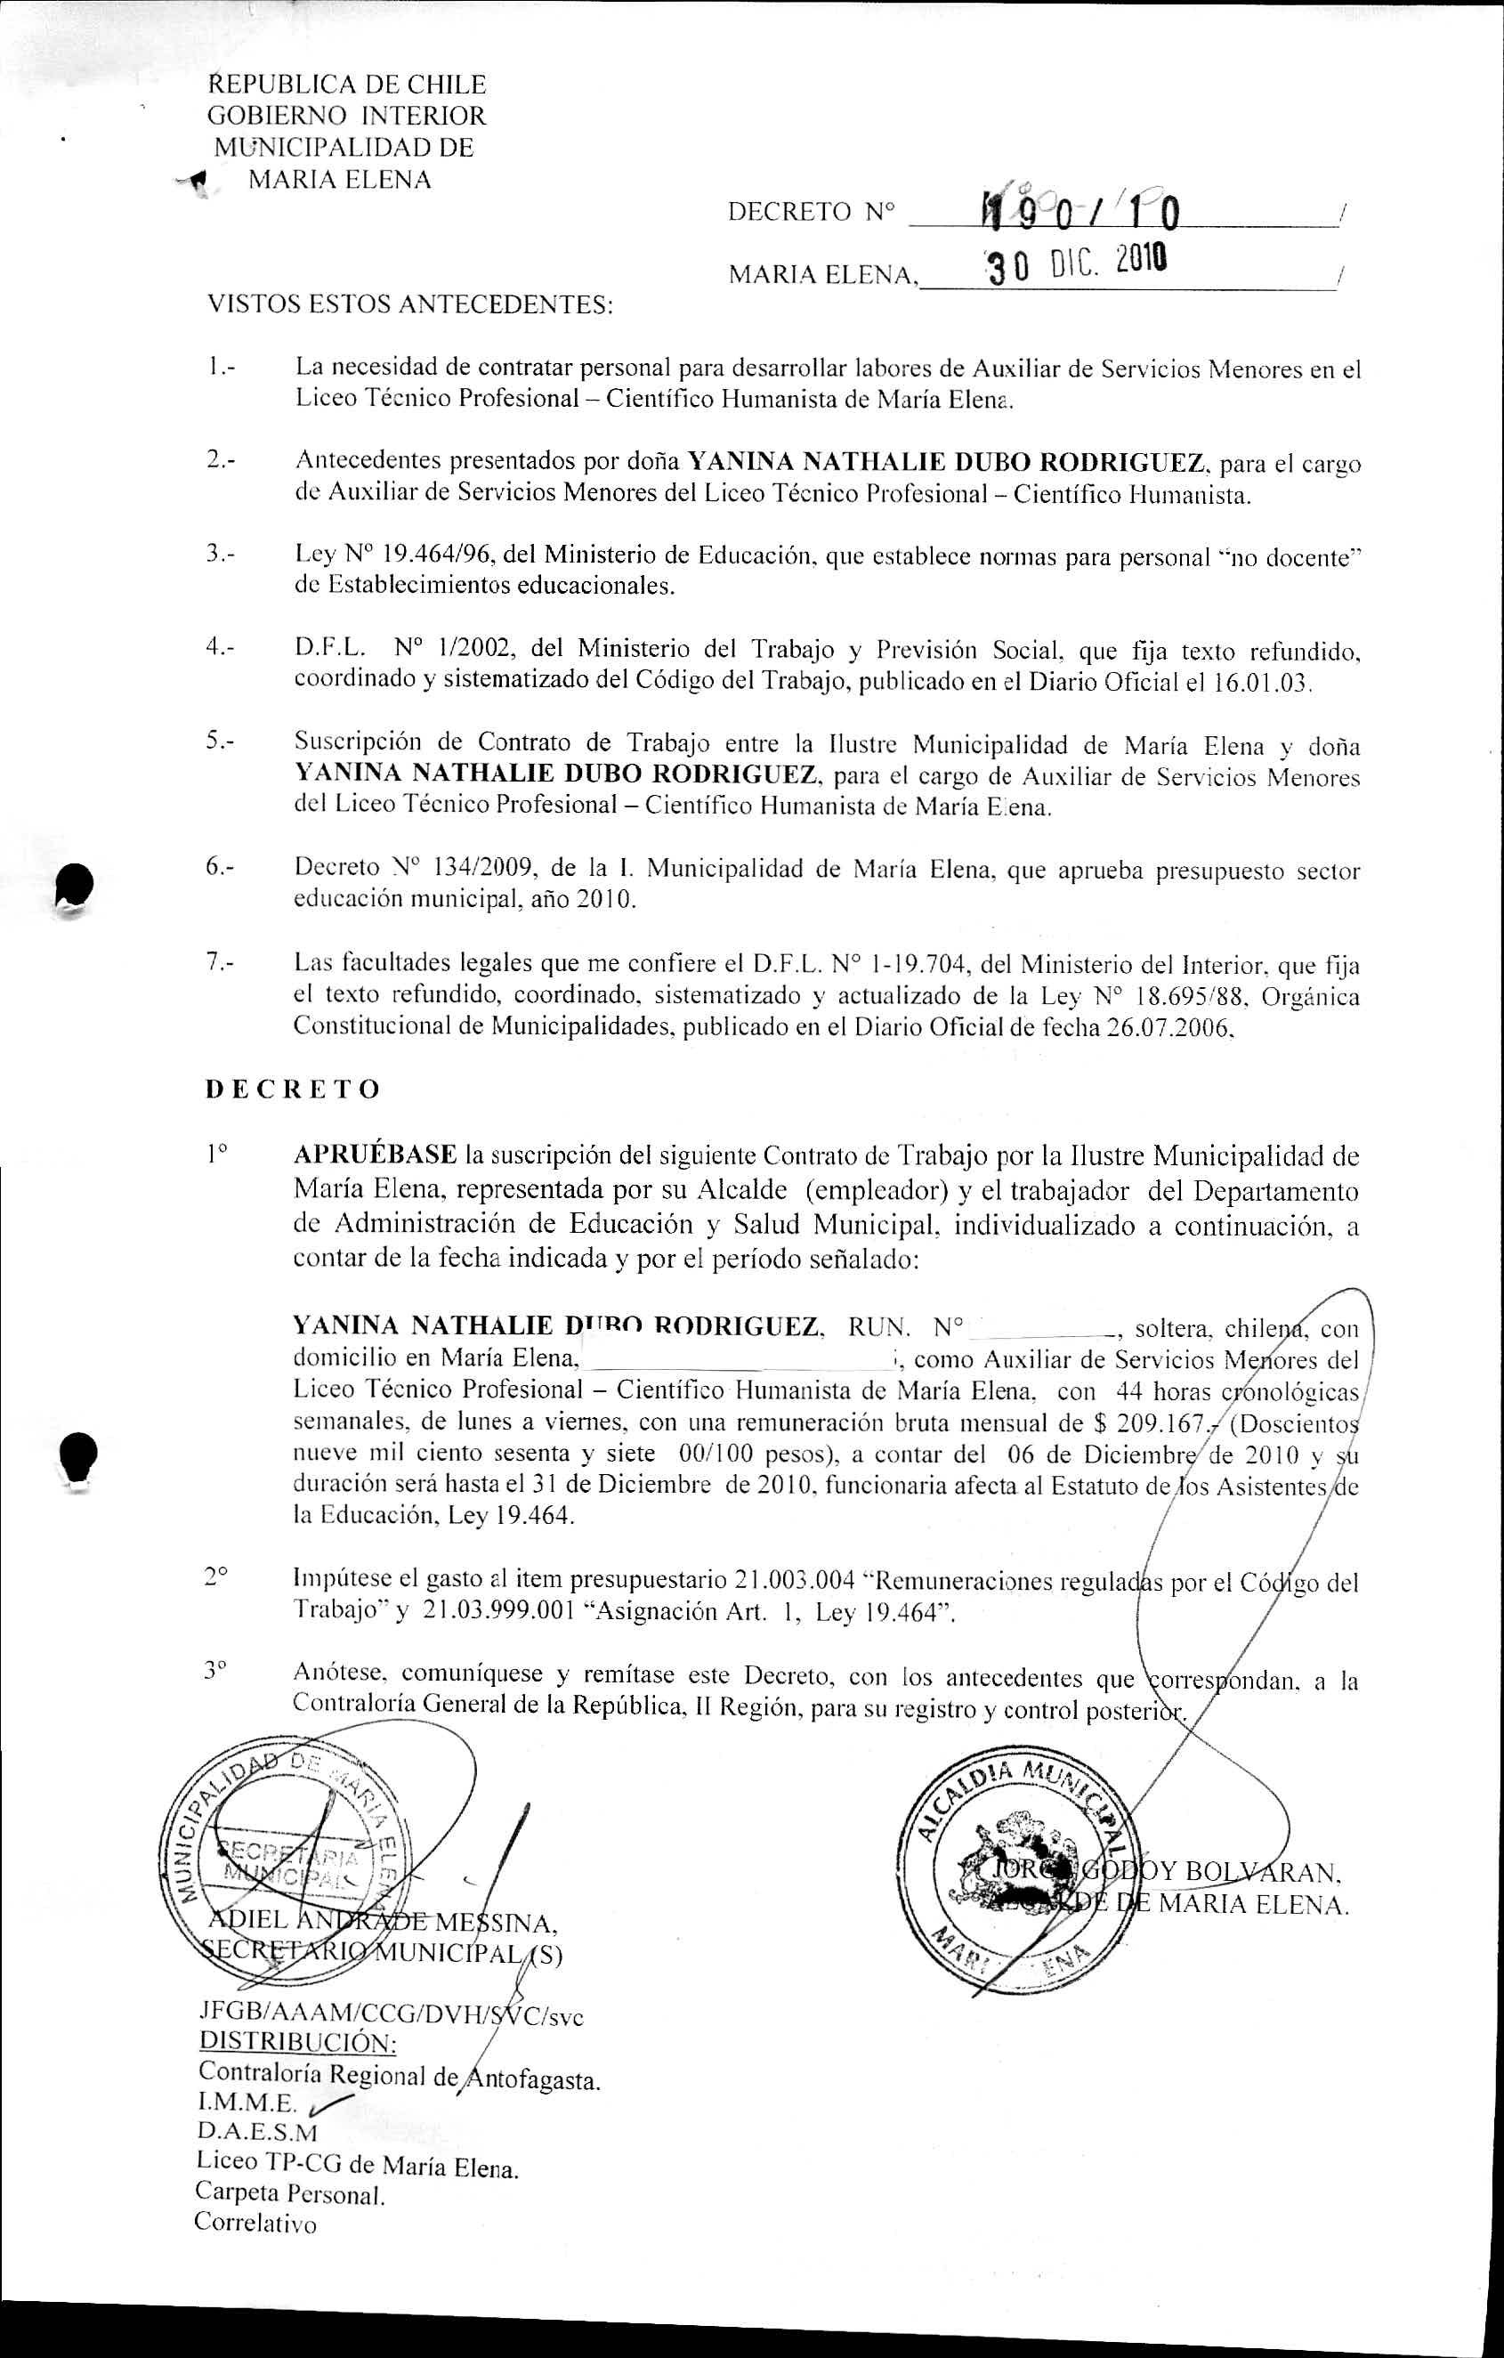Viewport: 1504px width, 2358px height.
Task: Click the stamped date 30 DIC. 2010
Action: (1075, 263)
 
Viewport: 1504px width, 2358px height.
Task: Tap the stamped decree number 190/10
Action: (1081, 208)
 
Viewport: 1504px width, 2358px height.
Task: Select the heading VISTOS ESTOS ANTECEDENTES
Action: (410, 304)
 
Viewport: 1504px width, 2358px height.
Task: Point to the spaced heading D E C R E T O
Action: (293, 1090)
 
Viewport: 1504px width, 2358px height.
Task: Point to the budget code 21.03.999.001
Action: (498, 1613)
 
